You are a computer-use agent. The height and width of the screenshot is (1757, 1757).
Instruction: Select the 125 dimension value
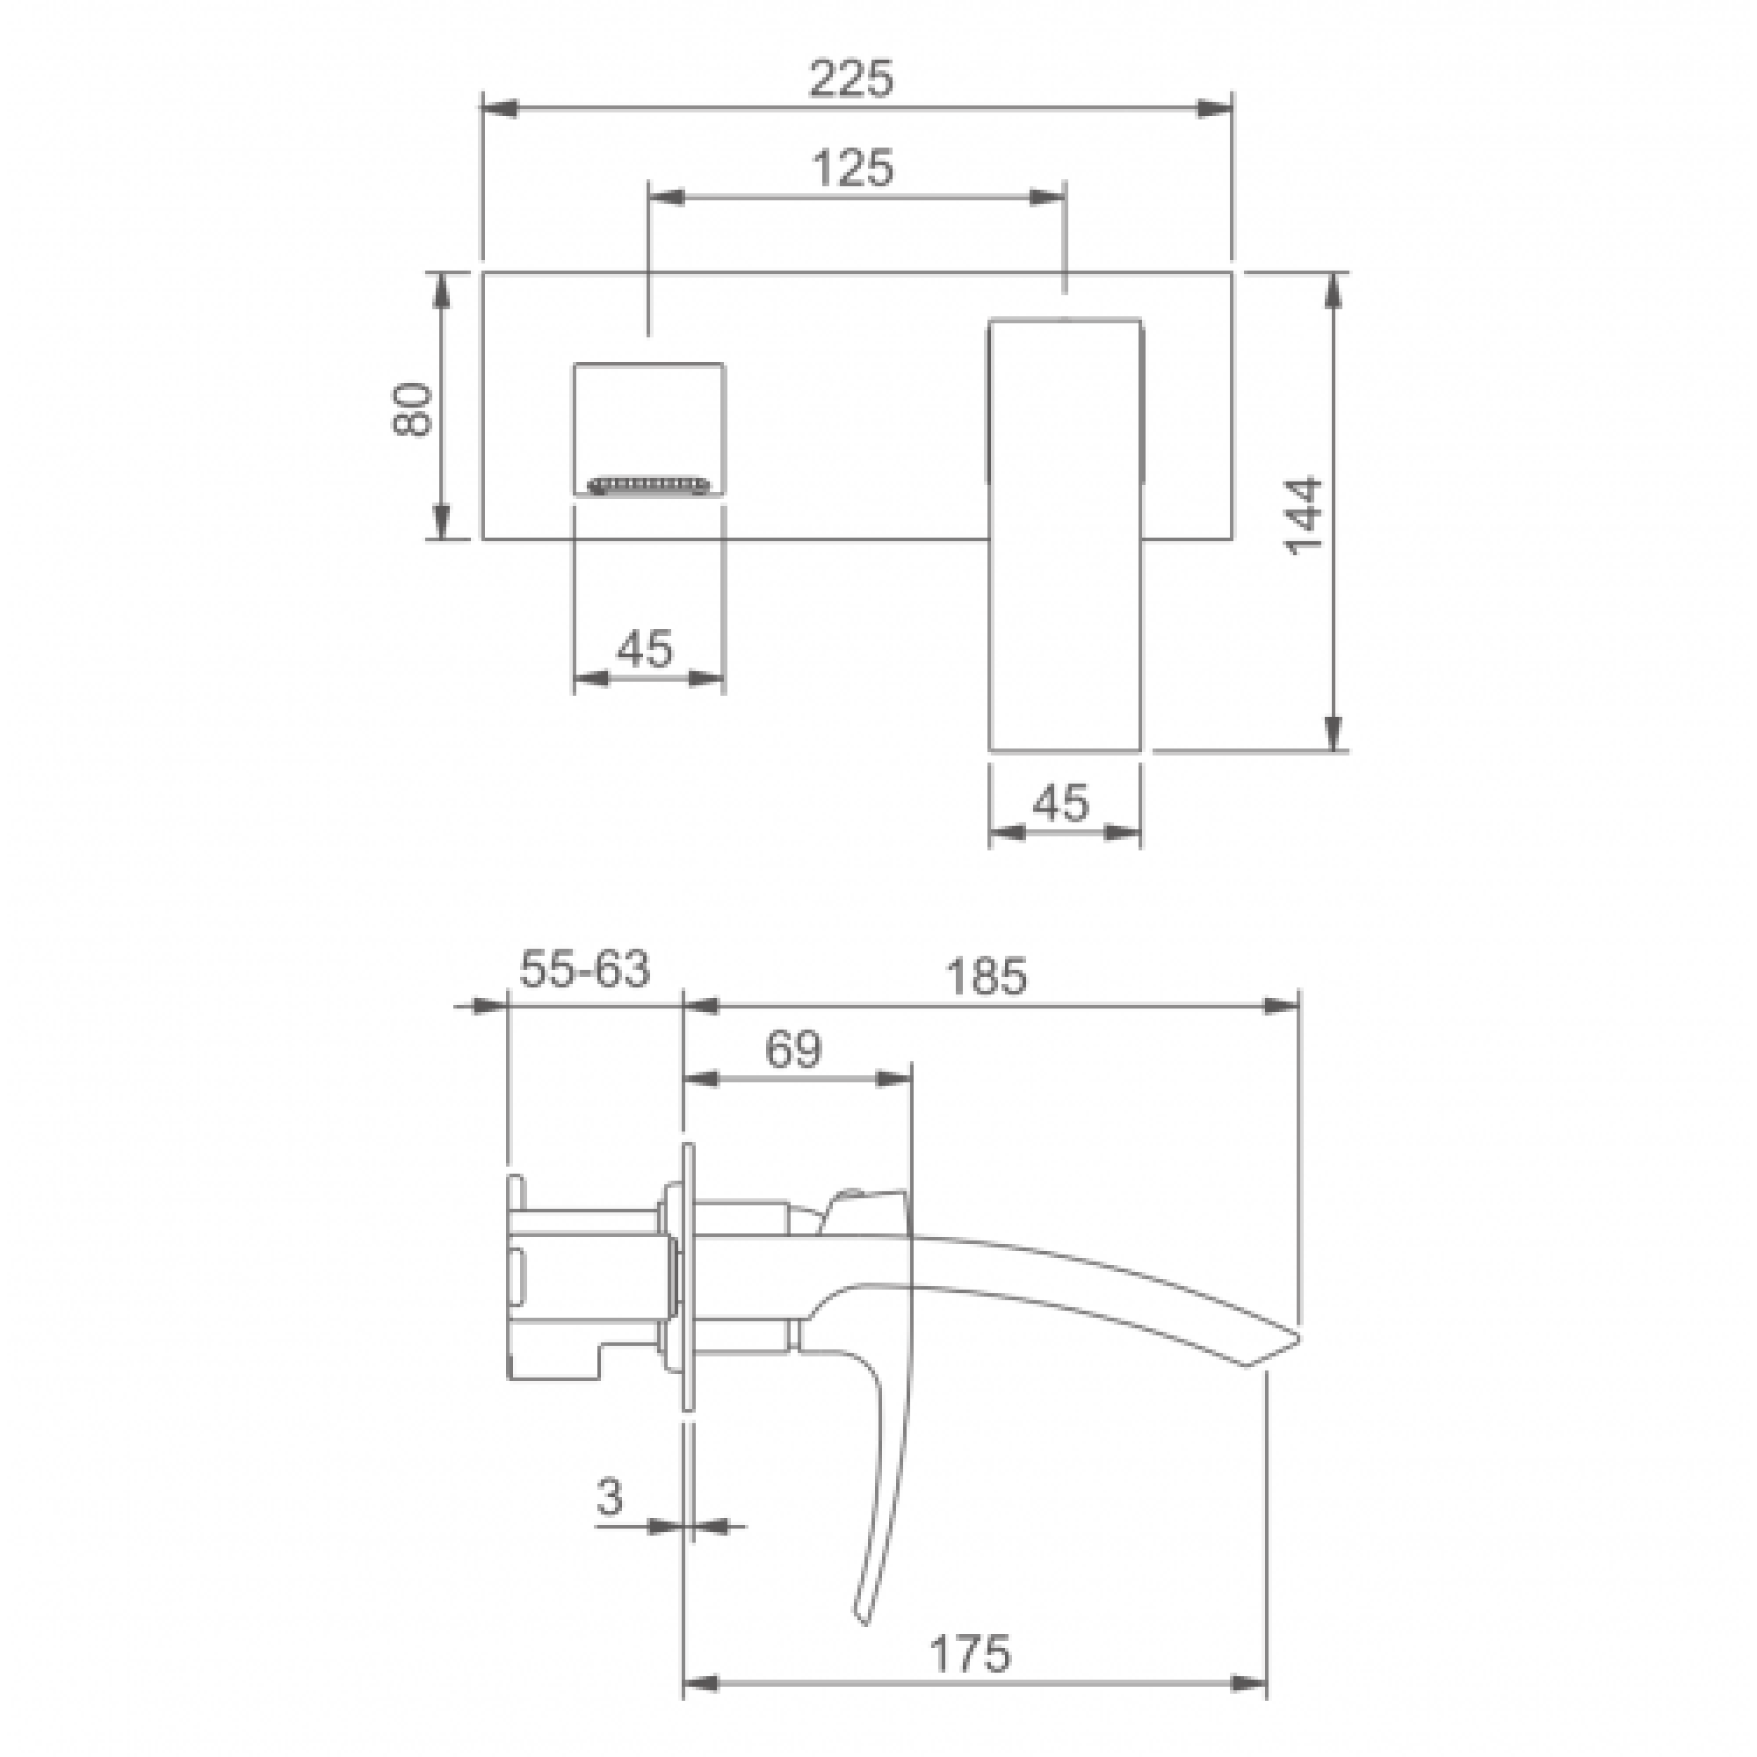point(852,169)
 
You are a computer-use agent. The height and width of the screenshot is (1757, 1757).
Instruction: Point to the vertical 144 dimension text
point(1302,515)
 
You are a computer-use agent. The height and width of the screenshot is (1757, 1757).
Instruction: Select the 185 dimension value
point(986,977)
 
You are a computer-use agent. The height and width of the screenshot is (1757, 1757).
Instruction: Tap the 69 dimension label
point(793,1050)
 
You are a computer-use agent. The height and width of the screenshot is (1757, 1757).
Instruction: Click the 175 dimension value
point(970,1653)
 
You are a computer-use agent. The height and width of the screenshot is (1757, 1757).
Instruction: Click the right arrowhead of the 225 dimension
point(1215,108)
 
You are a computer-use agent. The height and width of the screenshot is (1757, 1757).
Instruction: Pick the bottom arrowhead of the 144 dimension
point(1334,732)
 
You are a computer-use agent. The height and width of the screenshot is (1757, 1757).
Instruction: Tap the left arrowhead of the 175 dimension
point(701,1682)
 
